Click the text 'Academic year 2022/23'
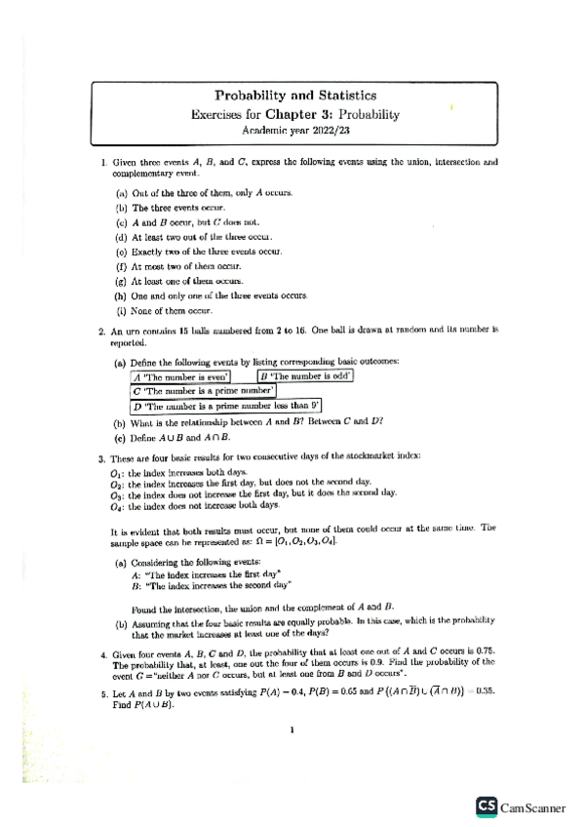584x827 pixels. (294, 129)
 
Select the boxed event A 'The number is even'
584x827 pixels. (181, 375)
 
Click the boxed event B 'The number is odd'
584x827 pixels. (305, 375)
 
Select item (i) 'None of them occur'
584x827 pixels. (171, 311)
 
